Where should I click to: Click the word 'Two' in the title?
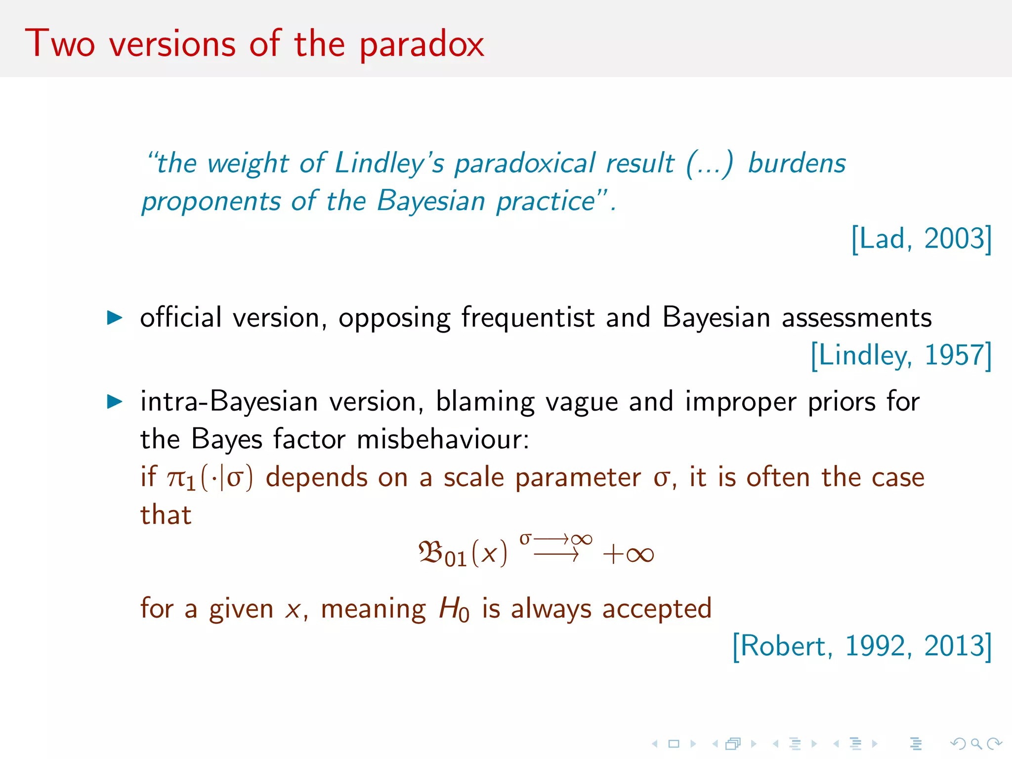tap(60, 43)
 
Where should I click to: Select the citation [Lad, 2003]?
tap(921, 239)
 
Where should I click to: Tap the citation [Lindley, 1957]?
tap(901, 355)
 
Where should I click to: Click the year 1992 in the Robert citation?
tap(875, 646)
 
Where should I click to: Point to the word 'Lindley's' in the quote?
tap(389, 164)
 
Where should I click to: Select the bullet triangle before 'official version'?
tap(115, 317)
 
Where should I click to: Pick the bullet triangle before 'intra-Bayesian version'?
tap(115, 401)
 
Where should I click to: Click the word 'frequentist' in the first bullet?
tap(527, 317)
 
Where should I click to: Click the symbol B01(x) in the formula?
tap(463, 553)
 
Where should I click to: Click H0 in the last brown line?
tap(454, 609)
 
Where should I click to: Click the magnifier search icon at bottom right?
tap(975, 743)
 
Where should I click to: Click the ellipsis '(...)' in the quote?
tap(709, 164)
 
